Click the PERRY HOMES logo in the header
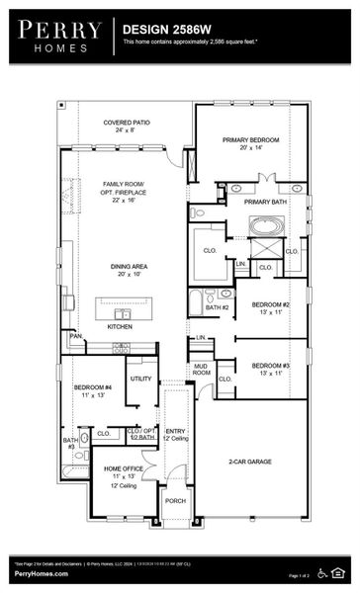pyautogui.click(x=58, y=36)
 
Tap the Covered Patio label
pyautogui.click(x=126, y=127)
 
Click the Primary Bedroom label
pyautogui.click(x=250, y=144)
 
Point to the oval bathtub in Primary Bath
pyautogui.click(x=264, y=225)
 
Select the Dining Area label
pyautogui.click(x=127, y=270)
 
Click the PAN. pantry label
pyautogui.click(x=75, y=336)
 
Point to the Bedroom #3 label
pyautogui.click(x=270, y=370)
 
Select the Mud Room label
pyautogui.click(x=201, y=370)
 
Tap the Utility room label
pyautogui.click(x=140, y=379)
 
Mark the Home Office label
pyautogui.click(x=125, y=471)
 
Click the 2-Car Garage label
pyautogui.click(x=250, y=462)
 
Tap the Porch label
pyautogui.click(x=175, y=501)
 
